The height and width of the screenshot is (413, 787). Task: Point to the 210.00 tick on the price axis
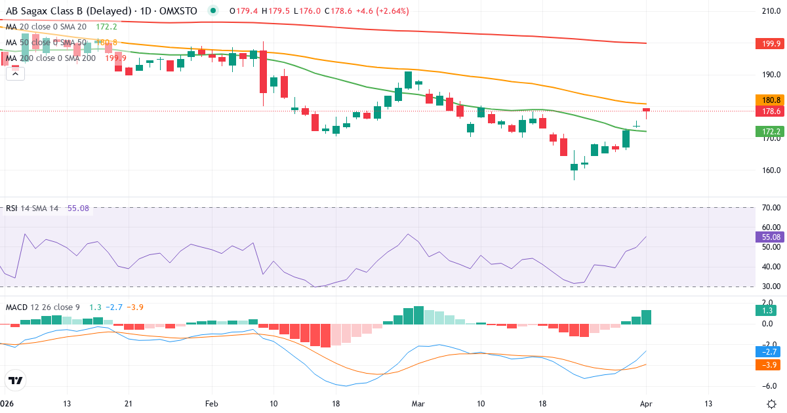[767, 11]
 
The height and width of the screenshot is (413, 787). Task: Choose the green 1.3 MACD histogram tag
[765, 310]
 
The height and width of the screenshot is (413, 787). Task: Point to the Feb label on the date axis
[211, 404]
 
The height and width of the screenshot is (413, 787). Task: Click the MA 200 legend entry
[51, 58]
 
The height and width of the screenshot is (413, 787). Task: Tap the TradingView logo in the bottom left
[15, 380]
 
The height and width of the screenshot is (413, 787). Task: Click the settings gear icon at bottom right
[772, 404]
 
